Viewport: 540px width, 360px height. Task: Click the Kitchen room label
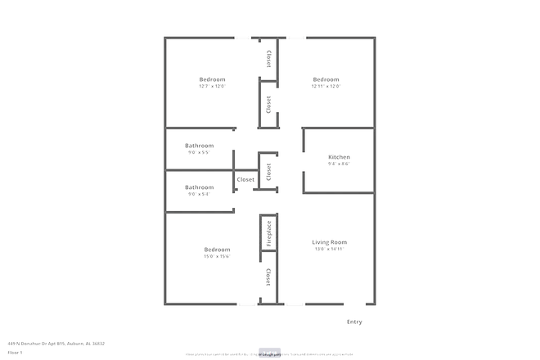(339, 157)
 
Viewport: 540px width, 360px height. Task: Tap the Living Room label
(329, 242)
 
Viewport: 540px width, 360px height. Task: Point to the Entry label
(354, 322)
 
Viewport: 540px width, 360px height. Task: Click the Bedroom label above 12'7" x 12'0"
(212, 79)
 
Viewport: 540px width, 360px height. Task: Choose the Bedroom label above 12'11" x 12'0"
(326, 79)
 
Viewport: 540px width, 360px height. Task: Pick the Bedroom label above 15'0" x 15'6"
(217, 250)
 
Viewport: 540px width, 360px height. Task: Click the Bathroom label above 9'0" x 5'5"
(199, 146)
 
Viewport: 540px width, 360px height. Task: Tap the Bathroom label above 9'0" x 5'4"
(199, 187)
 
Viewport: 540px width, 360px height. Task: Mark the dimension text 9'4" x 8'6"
(339, 164)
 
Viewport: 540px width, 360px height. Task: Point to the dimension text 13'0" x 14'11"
(329, 250)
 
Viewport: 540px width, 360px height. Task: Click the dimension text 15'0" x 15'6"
(217, 256)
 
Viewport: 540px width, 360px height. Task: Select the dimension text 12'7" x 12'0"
(212, 86)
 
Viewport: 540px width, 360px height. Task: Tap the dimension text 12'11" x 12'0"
(326, 86)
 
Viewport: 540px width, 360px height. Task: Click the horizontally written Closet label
(245, 179)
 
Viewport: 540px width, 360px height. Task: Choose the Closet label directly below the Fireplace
(268, 278)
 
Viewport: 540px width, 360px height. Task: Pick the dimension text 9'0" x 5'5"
(199, 152)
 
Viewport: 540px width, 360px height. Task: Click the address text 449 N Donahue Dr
(56, 344)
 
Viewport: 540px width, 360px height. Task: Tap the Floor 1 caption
(15, 353)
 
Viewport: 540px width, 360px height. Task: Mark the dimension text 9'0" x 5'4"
(199, 194)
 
